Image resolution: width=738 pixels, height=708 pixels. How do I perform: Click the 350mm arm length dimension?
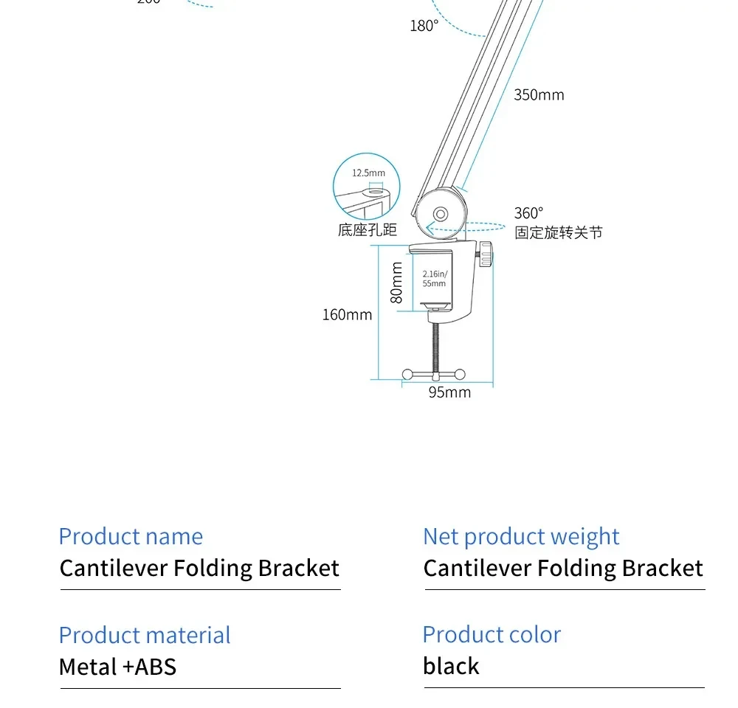point(539,95)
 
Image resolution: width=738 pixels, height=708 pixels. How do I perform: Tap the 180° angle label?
point(424,26)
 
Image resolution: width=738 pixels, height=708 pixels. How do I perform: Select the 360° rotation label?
point(528,213)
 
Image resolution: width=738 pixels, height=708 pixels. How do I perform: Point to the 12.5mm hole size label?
point(368,173)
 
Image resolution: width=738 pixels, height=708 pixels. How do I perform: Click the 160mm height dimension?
point(347,315)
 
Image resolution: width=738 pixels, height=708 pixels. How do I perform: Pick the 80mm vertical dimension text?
point(397,282)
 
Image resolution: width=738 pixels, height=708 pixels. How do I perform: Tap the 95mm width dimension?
point(449,392)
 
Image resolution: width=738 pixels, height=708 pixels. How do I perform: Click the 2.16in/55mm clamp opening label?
point(434,279)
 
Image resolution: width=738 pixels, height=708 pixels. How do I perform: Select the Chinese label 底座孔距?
point(368,230)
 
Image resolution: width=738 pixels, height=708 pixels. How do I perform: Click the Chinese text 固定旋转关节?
point(559,233)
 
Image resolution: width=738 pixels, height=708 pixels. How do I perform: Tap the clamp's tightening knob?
point(488,255)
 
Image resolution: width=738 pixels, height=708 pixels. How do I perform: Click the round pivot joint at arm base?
point(441,214)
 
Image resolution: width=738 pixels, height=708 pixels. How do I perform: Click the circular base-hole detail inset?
point(366,188)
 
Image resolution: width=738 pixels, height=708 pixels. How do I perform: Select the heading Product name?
point(131,536)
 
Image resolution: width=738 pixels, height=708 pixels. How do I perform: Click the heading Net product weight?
point(521,536)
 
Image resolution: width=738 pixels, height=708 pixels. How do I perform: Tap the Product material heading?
point(145,635)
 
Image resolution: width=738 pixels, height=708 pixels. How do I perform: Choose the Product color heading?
point(492,634)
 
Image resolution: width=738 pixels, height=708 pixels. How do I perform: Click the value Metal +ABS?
point(118,667)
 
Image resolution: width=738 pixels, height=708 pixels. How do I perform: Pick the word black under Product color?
point(451,667)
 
